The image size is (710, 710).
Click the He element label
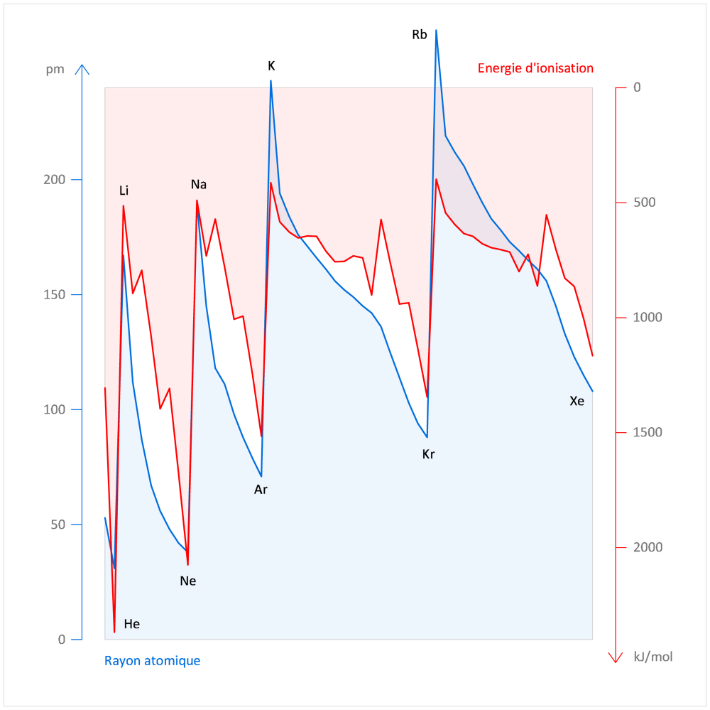(131, 625)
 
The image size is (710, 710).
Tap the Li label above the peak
(124, 190)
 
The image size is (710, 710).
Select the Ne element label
(187, 581)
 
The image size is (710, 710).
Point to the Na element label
(199, 185)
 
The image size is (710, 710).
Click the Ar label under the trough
(261, 489)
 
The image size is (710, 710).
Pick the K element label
(271, 66)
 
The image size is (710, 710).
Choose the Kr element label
(428, 454)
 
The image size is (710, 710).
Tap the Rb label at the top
(420, 34)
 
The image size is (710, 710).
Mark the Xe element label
(577, 401)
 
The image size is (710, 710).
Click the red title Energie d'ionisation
(535, 68)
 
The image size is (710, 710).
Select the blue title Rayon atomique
(152, 661)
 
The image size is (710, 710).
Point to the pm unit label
(55, 69)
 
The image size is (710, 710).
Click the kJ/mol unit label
(652, 657)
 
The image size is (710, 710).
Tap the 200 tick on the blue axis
(54, 180)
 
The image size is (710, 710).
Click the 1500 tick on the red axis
(647, 432)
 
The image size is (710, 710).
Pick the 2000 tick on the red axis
(647, 547)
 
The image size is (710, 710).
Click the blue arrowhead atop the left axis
(83, 69)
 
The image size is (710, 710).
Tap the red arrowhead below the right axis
(616, 658)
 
